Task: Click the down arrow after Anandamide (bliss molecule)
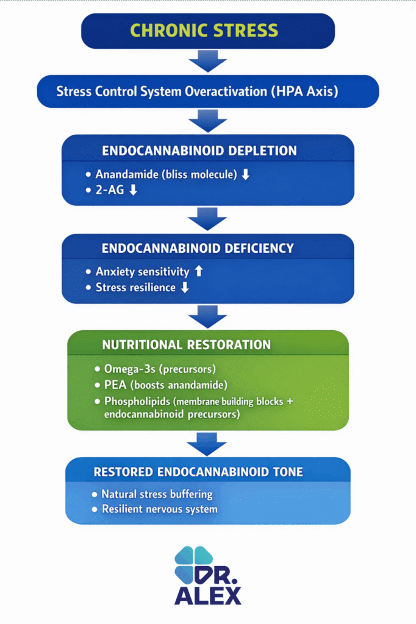(246, 174)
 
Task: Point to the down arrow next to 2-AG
(133, 190)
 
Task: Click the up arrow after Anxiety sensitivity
(198, 271)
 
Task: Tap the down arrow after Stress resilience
(184, 287)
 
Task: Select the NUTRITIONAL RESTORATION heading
(186, 345)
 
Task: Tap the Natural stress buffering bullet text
(157, 494)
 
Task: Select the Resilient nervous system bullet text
(159, 509)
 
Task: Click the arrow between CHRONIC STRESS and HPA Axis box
(207, 62)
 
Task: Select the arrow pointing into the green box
(207, 317)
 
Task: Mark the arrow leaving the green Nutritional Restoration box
(207, 444)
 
